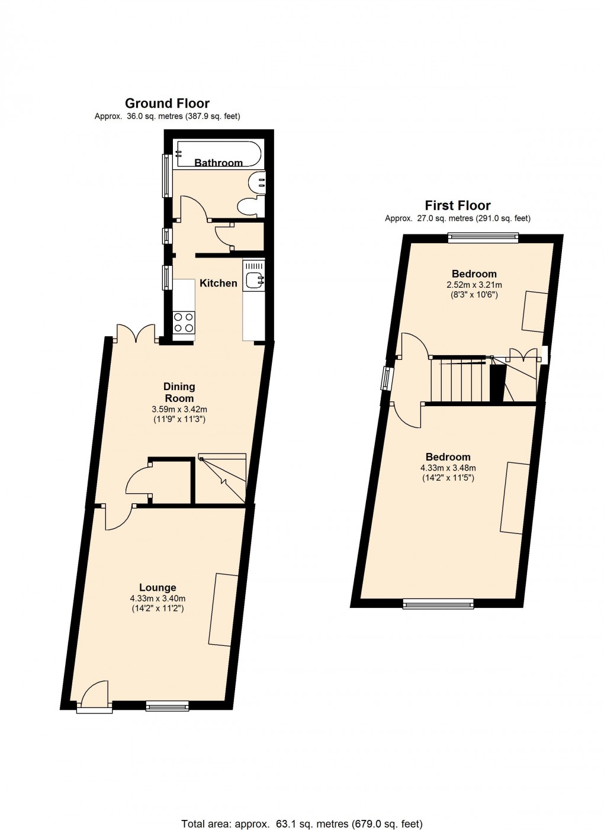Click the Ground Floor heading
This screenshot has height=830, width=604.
[x=167, y=103]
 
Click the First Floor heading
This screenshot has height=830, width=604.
[x=457, y=205]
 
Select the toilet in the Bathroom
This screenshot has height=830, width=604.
[x=249, y=205]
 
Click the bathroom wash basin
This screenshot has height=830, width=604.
[x=258, y=182]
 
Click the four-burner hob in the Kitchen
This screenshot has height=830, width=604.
[x=184, y=323]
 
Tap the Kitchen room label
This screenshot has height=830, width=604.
[x=218, y=283]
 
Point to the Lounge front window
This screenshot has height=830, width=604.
[x=167, y=705]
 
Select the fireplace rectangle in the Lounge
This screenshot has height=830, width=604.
[x=223, y=609]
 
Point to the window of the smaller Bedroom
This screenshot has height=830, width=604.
[x=482, y=239]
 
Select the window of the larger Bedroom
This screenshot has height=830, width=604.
[x=438, y=603]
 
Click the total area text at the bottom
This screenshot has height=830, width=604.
[x=301, y=823]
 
